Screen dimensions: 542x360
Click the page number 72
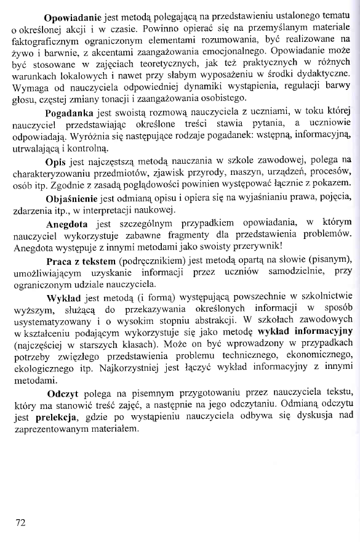(x=20, y=523)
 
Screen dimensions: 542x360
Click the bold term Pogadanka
(x=70, y=115)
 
